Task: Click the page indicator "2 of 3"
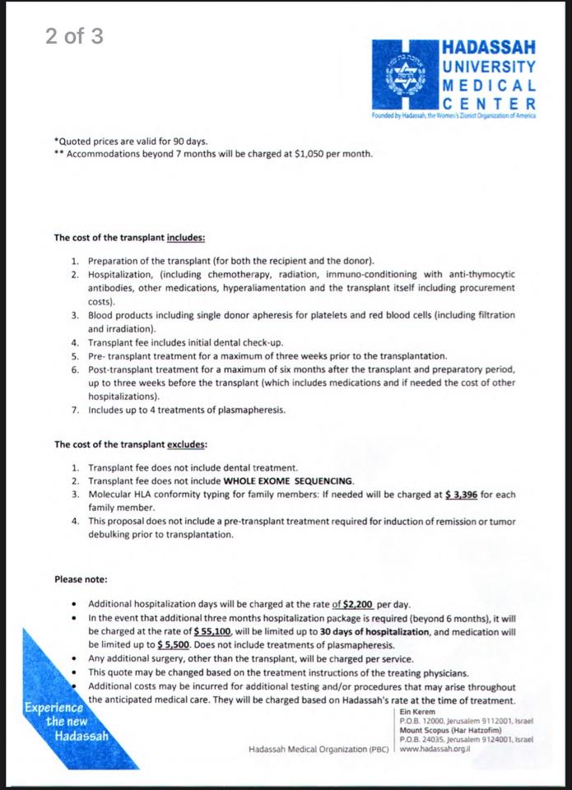[75, 36]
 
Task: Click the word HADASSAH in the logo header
[489, 48]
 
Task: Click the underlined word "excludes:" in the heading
[186, 444]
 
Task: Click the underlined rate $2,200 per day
[352, 603]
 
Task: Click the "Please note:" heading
[81, 579]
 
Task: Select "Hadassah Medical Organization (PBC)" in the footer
[319, 750]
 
